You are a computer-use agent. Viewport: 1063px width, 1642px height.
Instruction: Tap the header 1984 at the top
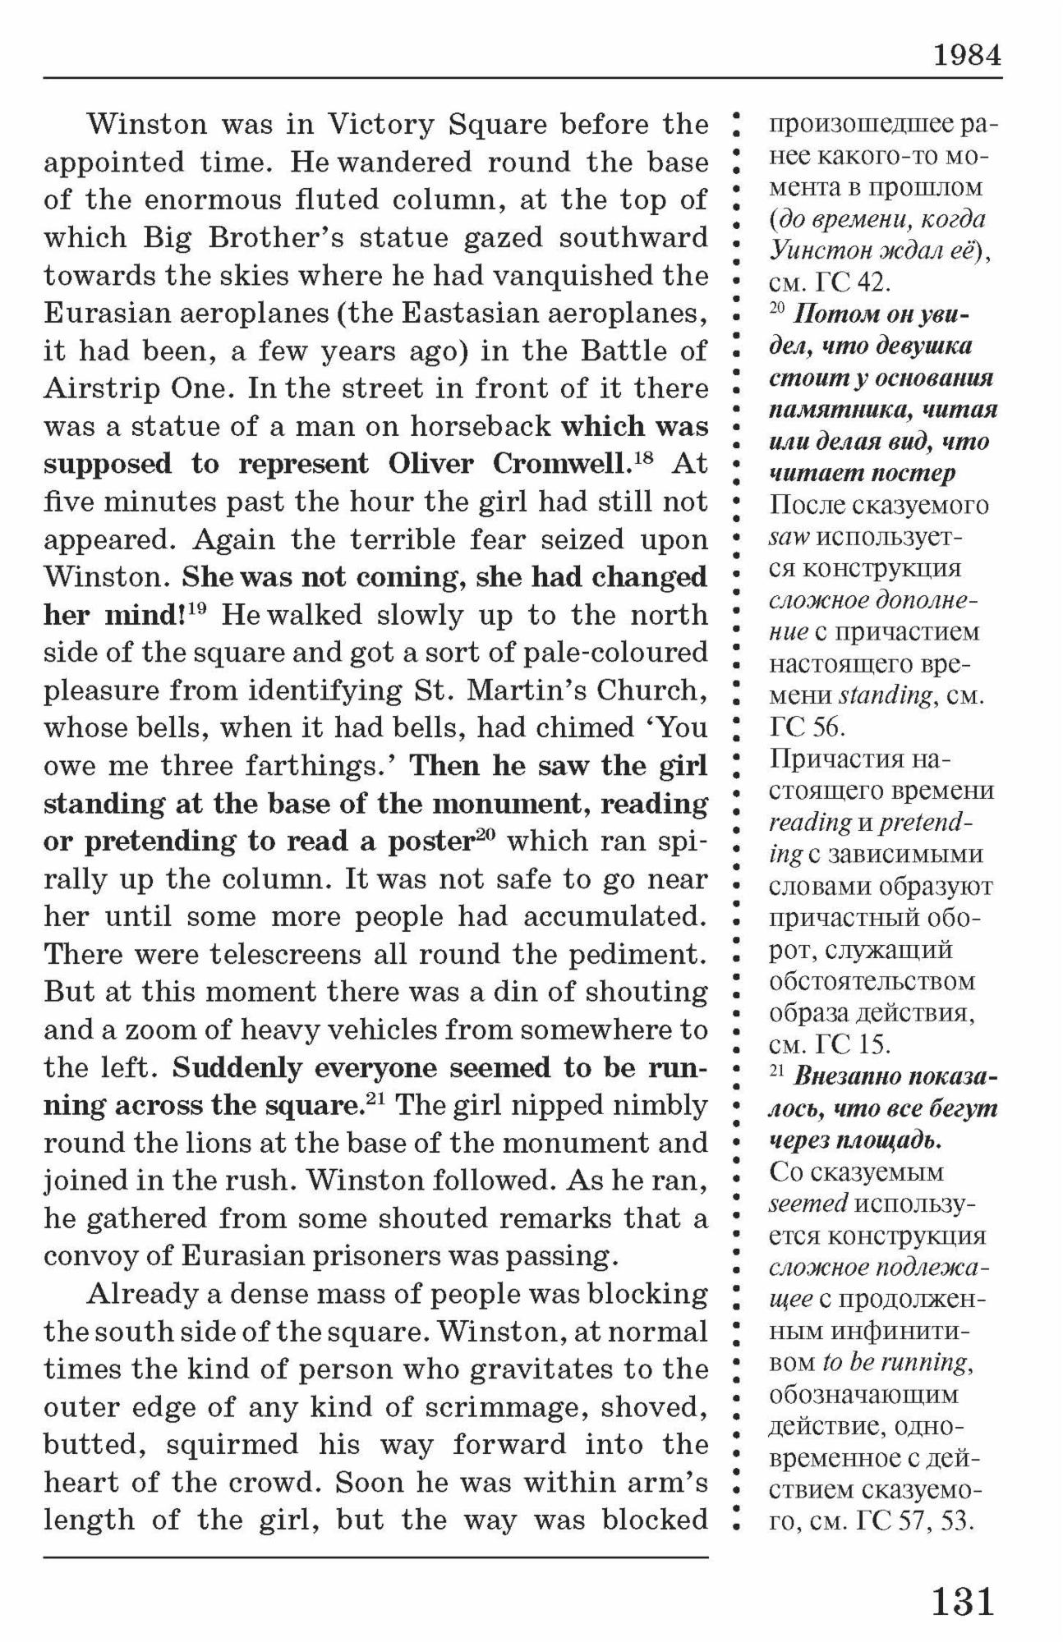pyautogui.click(x=967, y=55)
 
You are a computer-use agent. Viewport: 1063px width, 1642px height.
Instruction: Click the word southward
pyautogui.click(x=633, y=238)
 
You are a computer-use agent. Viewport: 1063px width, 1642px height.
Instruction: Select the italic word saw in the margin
pyautogui.click(x=789, y=537)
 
